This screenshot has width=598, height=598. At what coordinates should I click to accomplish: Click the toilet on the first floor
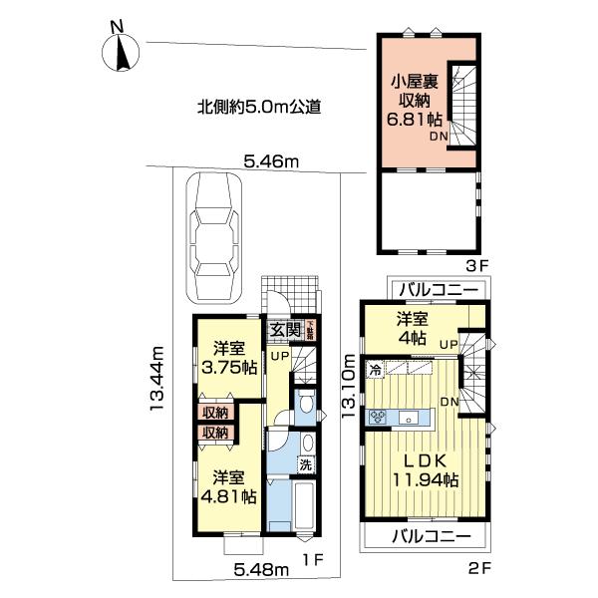[307, 403]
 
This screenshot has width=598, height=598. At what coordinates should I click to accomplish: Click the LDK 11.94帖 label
[424, 470]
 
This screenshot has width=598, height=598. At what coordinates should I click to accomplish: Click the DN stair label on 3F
[439, 138]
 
